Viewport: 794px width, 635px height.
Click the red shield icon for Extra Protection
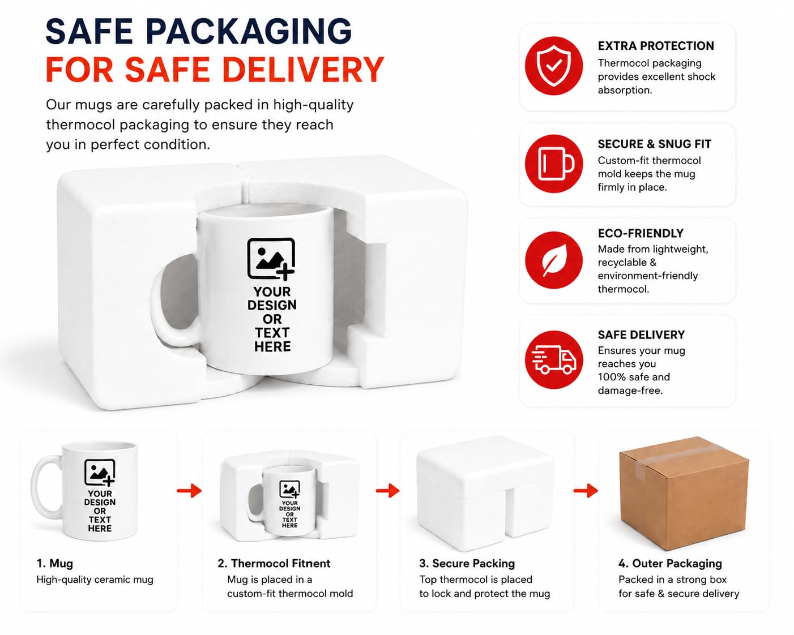tap(553, 66)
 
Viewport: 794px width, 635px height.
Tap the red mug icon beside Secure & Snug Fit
tap(553, 164)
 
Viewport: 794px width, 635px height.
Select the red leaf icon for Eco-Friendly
tap(553, 260)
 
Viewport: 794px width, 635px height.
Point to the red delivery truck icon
tap(553, 359)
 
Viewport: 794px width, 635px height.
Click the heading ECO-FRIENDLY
tap(641, 233)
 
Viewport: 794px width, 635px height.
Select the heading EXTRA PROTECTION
tap(656, 46)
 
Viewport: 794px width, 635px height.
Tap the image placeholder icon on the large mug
tap(271, 258)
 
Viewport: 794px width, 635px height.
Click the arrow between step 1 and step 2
tap(189, 491)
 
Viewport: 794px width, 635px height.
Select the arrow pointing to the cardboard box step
tap(586, 491)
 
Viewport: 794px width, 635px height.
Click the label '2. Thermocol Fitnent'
tap(274, 564)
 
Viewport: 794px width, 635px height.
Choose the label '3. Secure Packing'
tap(467, 564)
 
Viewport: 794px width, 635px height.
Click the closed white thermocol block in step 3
tap(484, 494)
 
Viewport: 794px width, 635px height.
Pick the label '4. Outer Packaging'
tap(670, 564)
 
